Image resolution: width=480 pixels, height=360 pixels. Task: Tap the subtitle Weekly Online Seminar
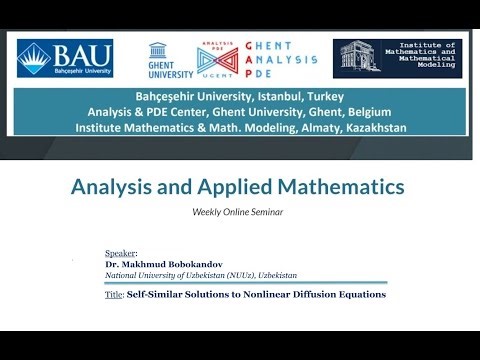point(238,212)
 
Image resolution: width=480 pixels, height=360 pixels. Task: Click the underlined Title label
point(113,295)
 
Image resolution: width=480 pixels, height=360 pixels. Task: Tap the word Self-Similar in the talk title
point(155,295)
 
